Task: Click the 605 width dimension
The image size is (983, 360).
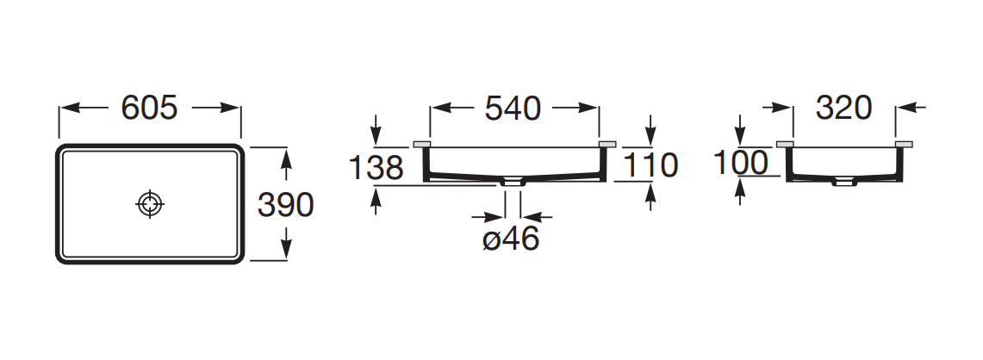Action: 149,108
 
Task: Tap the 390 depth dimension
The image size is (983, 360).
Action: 286,204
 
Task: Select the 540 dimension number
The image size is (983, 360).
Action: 513,109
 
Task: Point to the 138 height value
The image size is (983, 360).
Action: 376,168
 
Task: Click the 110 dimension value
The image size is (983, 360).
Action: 650,165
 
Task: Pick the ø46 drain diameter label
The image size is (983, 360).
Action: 511,239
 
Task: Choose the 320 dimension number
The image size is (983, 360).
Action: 843,108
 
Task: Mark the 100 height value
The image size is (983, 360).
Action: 741,163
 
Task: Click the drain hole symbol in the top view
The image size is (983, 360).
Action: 150,204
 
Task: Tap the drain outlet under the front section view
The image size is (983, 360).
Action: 513,182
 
